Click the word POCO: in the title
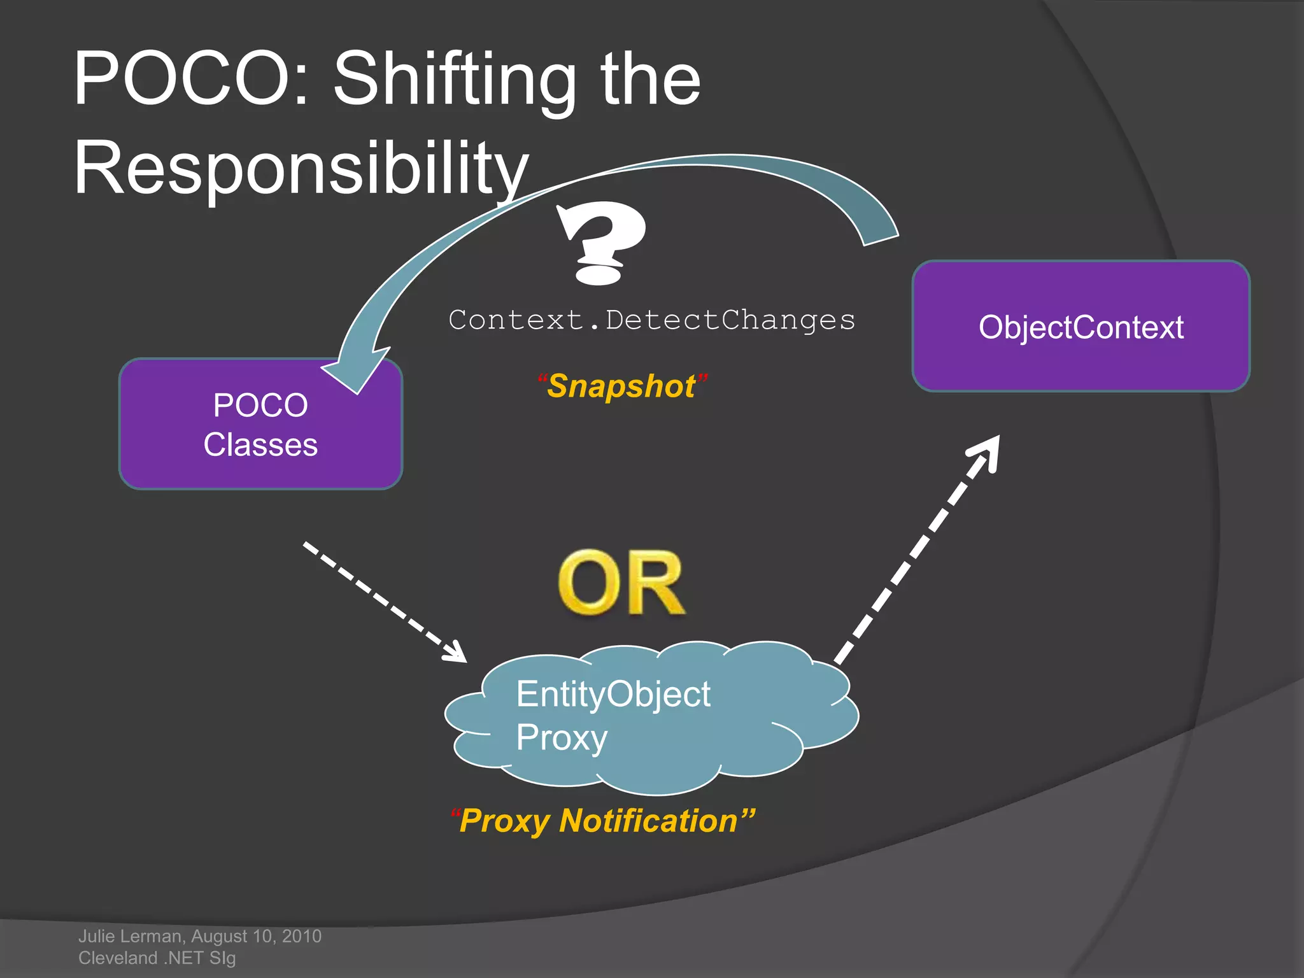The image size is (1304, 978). pos(191,79)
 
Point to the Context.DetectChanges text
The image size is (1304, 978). pos(651,320)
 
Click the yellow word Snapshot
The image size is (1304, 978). pos(621,386)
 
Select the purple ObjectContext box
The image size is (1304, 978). pos(1081,326)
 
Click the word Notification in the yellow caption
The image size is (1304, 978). pos(648,821)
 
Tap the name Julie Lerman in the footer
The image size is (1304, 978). pos(130,936)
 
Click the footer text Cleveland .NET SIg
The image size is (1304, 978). pos(157,958)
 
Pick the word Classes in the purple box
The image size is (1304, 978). pos(260,444)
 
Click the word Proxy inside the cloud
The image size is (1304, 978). pos(562,738)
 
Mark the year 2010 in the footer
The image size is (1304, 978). pos(302,936)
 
